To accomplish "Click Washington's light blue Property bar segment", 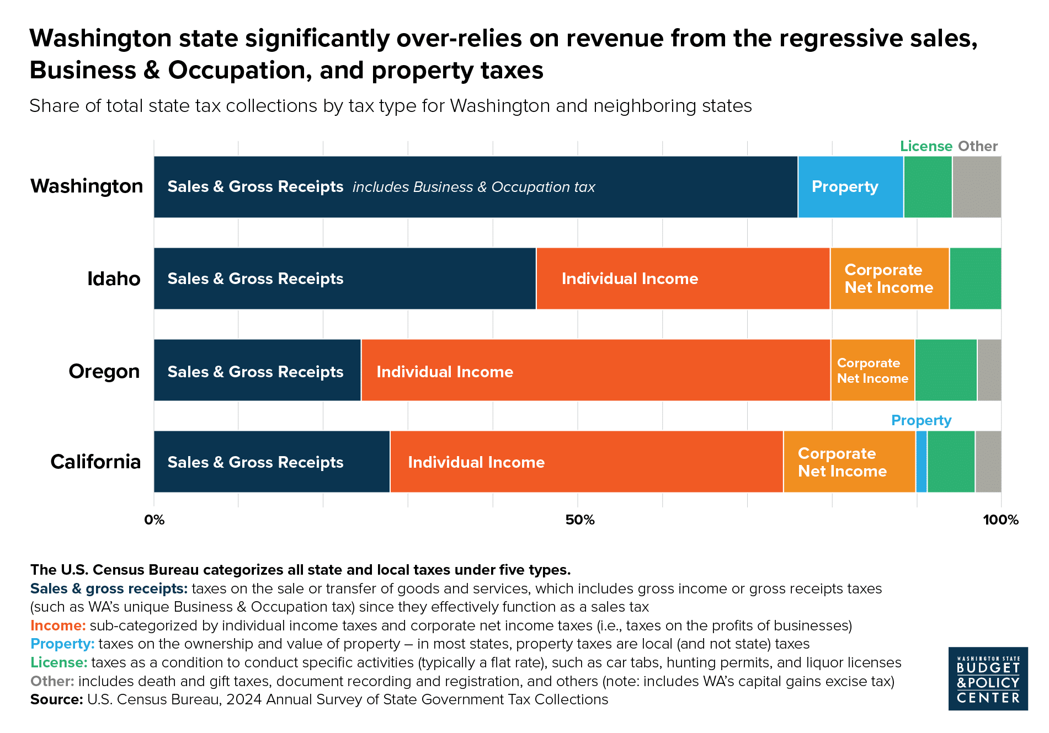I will pyautogui.click(x=850, y=187).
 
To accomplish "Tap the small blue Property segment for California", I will pyautogui.click(x=921, y=462).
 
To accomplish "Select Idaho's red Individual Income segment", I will pyautogui.click(x=683, y=279).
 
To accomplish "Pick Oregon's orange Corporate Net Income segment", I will pyautogui.click(x=872, y=370).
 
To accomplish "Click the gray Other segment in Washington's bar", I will pyautogui.click(x=976, y=187).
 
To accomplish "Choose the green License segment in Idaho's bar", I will pyautogui.click(x=975, y=279).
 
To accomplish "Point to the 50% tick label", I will pyautogui.click(x=580, y=520).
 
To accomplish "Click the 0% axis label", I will pyautogui.click(x=155, y=520).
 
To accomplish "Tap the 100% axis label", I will pyautogui.click(x=1000, y=520).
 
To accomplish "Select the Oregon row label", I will pyautogui.click(x=104, y=371).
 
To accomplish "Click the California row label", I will pyautogui.click(x=95, y=462).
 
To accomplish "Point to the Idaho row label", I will pyautogui.click(x=114, y=279).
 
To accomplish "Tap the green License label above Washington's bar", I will pyautogui.click(x=925, y=146).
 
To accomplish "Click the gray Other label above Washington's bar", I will pyautogui.click(x=977, y=146).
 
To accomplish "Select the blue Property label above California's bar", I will pyautogui.click(x=921, y=420).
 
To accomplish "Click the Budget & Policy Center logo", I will pyautogui.click(x=988, y=678).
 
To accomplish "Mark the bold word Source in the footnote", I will pyautogui.click(x=56, y=699).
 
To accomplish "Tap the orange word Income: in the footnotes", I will pyautogui.click(x=58, y=625).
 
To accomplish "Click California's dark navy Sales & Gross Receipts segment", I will pyautogui.click(x=271, y=462).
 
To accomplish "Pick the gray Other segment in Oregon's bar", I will pyautogui.click(x=989, y=370).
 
